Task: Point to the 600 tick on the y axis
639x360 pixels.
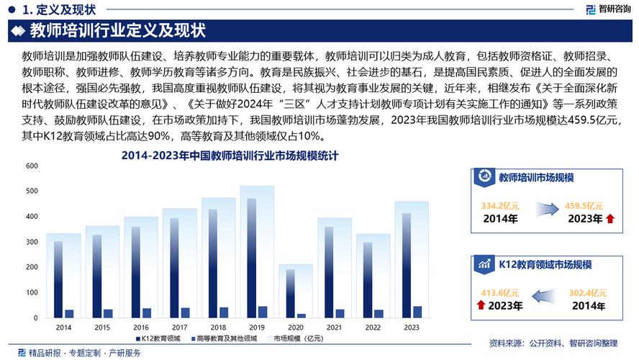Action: point(32,166)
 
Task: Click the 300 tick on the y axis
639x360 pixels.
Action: point(32,242)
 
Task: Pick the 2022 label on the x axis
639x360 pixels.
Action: point(373,328)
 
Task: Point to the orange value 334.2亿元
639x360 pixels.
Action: point(500,206)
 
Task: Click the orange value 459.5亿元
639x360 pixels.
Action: point(584,206)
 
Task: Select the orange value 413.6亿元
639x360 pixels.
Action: point(500,293)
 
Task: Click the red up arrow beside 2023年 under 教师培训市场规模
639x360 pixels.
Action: point(610,219)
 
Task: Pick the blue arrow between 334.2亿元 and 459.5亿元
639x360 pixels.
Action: point(545,209)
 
